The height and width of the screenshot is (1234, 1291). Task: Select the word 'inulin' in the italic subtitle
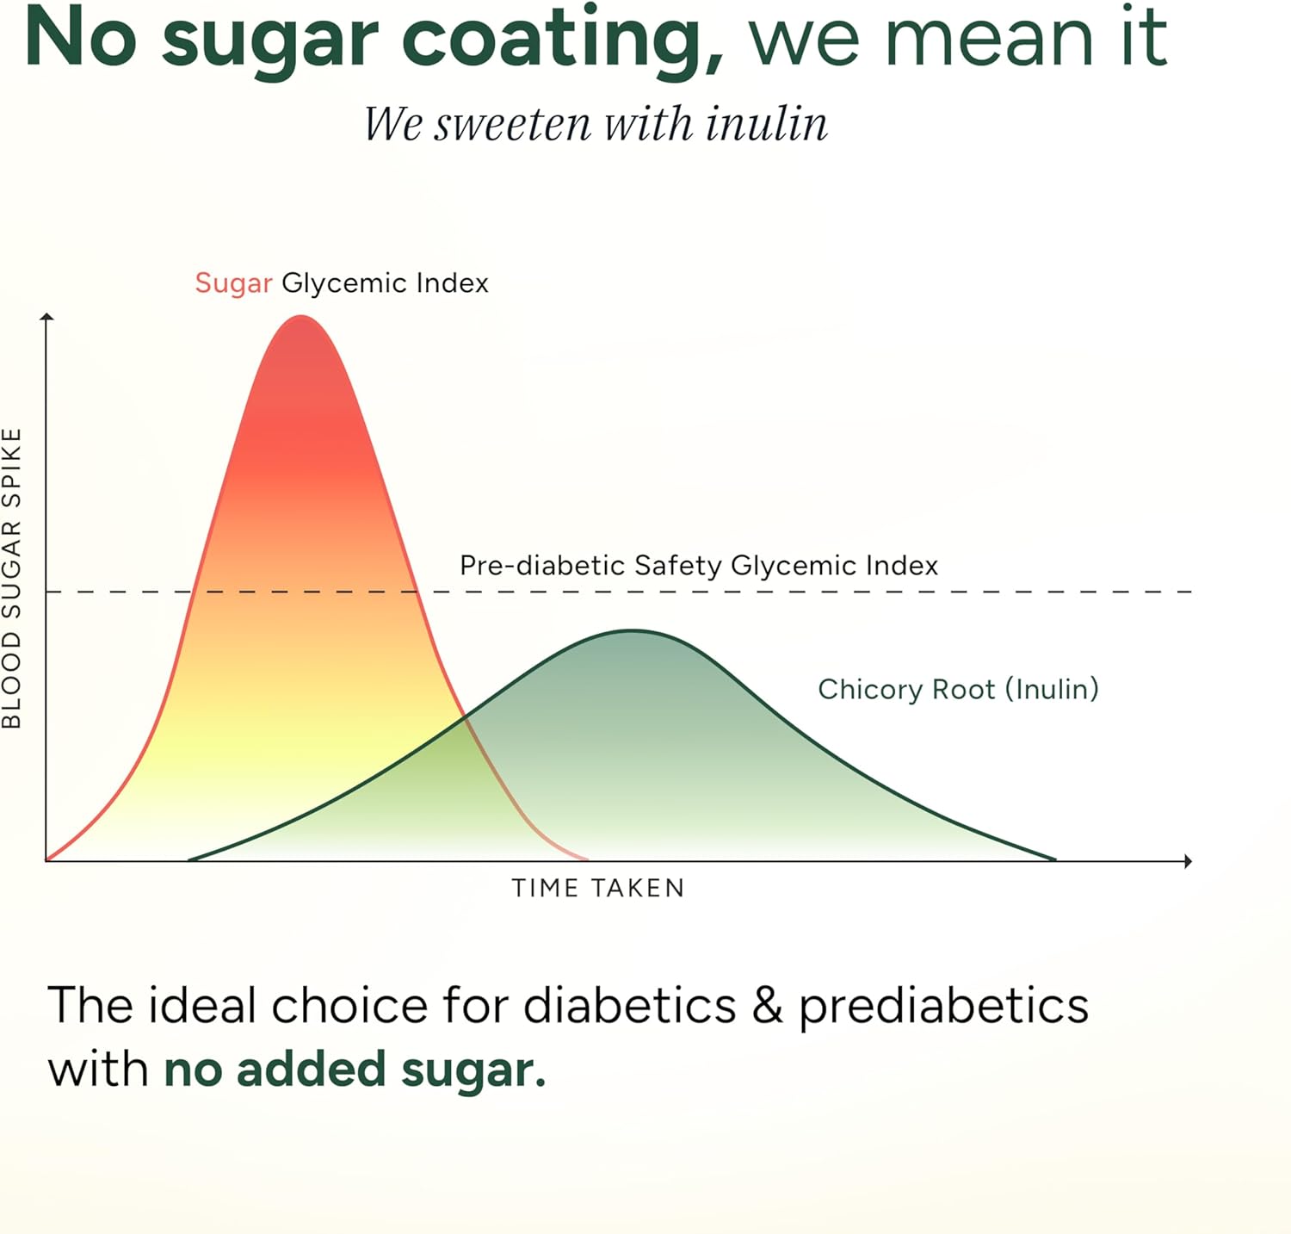pos(766,123)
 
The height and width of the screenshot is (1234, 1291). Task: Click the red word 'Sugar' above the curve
pos(233,283)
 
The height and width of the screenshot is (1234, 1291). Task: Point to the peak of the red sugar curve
pos(301,316)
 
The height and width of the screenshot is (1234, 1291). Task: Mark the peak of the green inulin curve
pos(633,631)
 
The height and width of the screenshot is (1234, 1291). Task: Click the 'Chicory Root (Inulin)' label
pos(958,689)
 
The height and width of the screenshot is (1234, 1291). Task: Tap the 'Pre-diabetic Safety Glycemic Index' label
pos(699,566)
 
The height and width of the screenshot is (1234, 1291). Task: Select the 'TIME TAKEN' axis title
pos(598,888)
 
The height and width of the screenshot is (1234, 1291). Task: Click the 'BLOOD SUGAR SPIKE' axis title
pos(11,579)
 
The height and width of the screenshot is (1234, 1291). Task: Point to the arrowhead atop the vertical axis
pos(47,317)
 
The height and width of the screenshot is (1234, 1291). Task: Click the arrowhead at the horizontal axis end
pos(1188,861)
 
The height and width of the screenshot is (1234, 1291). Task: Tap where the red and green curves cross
pos(464,716)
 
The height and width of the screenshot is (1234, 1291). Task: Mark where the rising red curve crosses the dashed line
pos(193,592)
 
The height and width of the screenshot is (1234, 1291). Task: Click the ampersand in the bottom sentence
pos(767,1005)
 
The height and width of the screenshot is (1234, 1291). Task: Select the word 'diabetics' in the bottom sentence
pos(629,1005)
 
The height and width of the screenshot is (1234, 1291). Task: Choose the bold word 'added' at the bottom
pos(311,1070)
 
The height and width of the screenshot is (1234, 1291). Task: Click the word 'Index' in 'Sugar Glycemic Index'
pos(452,283)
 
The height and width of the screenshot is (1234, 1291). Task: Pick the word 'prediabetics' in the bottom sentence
pos(944,1008)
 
